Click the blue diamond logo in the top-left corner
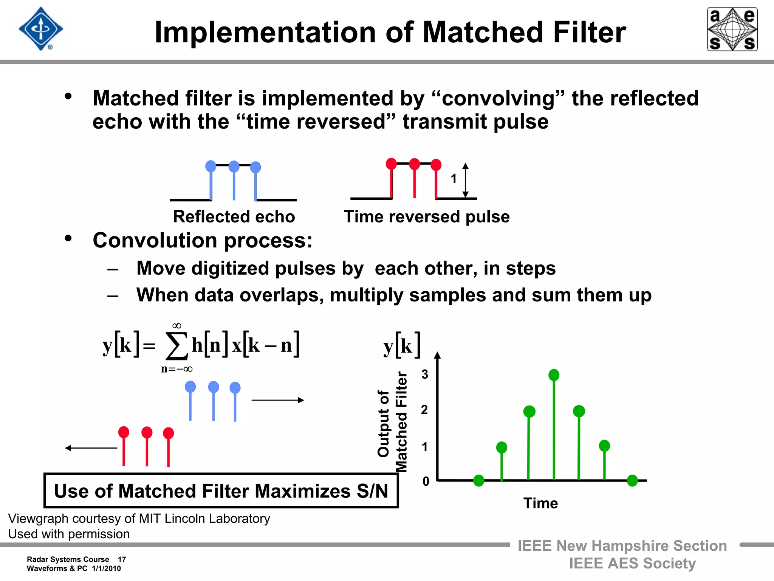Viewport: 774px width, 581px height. [41, 29]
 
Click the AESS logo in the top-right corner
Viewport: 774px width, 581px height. [732, 29]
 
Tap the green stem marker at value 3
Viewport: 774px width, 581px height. [554, 375]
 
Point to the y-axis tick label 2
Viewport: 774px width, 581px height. [424, 410]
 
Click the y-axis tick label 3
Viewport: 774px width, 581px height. [425, 374]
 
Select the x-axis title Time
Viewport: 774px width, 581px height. [540, 503]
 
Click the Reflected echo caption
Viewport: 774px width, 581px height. [234, 217]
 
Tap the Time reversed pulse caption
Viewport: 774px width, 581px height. [427, 217]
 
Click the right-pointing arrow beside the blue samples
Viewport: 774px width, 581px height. [278, 400]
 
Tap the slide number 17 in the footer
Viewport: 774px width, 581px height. [122, 559]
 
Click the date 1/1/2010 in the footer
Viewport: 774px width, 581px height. [106, 569]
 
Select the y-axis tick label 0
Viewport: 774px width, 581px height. [426, 481]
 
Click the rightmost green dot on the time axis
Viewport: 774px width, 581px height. [632, 481]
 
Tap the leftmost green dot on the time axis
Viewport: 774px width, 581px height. [478, 481]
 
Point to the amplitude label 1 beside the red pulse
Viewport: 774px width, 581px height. [454, 179]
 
